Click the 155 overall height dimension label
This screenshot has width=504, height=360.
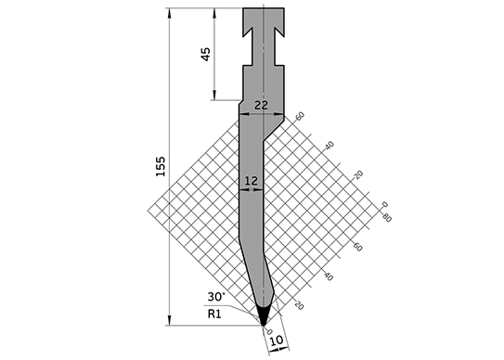161,166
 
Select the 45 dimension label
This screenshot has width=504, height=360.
205,54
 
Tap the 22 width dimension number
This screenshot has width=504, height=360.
261,105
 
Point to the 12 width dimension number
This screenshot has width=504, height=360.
251,181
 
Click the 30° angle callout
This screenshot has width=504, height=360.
216,296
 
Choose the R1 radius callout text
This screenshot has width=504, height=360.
214,314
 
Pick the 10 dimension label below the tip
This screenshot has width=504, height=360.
276,341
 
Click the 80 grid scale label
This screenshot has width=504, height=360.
387,218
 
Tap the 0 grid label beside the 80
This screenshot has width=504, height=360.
385,204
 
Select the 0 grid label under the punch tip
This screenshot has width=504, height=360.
270,331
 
